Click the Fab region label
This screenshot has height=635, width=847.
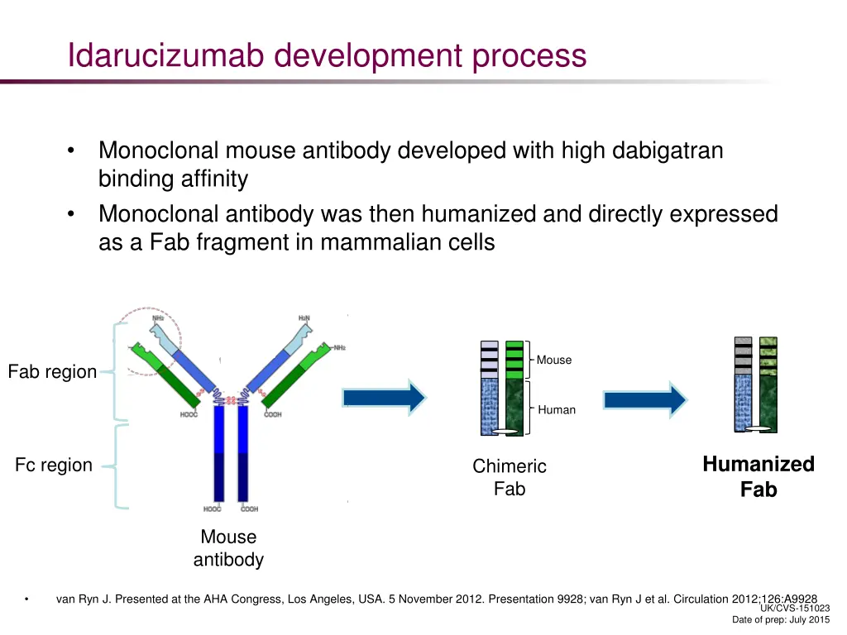(x=52, y=372)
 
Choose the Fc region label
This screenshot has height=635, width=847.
(x=54, y=465)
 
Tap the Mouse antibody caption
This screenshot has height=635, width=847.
(x=228, y=548)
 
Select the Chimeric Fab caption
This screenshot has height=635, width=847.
(x=510, y=477)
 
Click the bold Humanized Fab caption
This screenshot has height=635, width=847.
(x=758, y=476)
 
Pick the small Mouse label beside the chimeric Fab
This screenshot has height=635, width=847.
(x=553, y=360)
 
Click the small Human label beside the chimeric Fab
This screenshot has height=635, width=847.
(x=557, y=409)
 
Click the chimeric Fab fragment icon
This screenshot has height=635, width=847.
(x=502, y=388)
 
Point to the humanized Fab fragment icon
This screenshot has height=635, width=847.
(x=755, y=384)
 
